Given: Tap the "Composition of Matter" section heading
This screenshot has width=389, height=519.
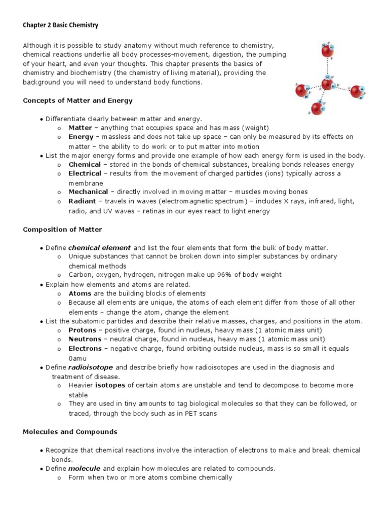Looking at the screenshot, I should coord(62,230).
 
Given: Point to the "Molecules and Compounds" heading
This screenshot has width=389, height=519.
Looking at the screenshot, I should coord(70,432).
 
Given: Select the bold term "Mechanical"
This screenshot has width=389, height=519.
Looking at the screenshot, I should coord(88,192).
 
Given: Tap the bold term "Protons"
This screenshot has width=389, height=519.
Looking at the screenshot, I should coord(82,330).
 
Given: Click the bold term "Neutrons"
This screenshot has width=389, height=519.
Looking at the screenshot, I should coord(85,339).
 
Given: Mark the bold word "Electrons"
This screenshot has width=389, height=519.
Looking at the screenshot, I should coord(85,349).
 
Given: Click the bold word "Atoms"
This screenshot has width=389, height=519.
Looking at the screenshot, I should coord(80,293).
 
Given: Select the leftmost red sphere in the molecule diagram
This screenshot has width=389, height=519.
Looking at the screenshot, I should coord(302,91).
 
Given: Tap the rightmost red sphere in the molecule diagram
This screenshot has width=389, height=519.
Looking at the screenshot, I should coord(356,92).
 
